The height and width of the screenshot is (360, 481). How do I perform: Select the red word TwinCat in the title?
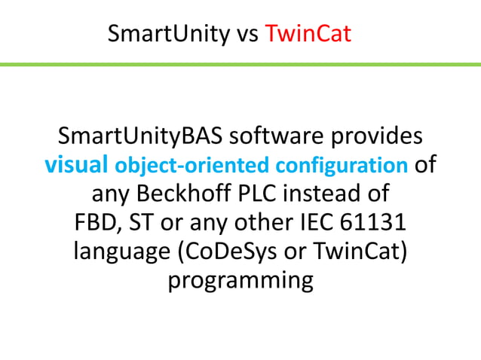click(309, 34)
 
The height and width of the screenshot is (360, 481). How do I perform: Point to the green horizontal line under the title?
click(240, 65)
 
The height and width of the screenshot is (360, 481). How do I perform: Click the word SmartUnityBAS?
click(140, 136)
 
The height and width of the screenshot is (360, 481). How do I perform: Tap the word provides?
click(375, 136)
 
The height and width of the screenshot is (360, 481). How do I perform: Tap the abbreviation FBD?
click(96, 222)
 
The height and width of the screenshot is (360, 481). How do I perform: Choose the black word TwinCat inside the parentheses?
click(365, 251)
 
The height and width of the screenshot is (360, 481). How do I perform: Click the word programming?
click(240, 279)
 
